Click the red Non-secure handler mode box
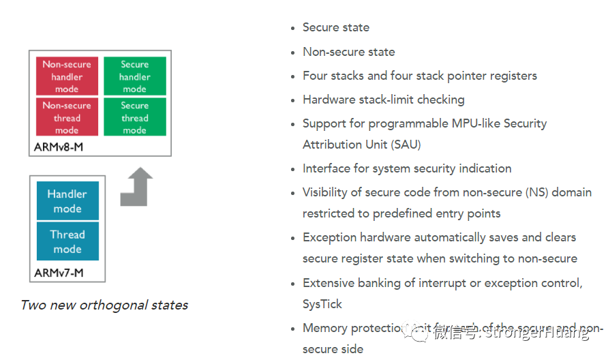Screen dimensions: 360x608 [67, 76]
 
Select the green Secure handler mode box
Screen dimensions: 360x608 [134, 76]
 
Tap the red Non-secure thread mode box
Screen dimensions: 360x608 [67, 117]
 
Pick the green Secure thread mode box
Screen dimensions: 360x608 [134, 117]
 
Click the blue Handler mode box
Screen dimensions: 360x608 [67, 201]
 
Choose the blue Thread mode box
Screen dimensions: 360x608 [67, 241]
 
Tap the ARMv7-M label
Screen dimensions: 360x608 [59, 273]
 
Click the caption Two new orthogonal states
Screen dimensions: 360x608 [104, 305]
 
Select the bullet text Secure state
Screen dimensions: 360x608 [336, 27]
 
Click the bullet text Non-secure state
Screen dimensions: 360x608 [348, 52]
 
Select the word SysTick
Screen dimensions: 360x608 [322, 304]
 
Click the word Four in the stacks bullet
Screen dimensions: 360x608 [315, 76]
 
